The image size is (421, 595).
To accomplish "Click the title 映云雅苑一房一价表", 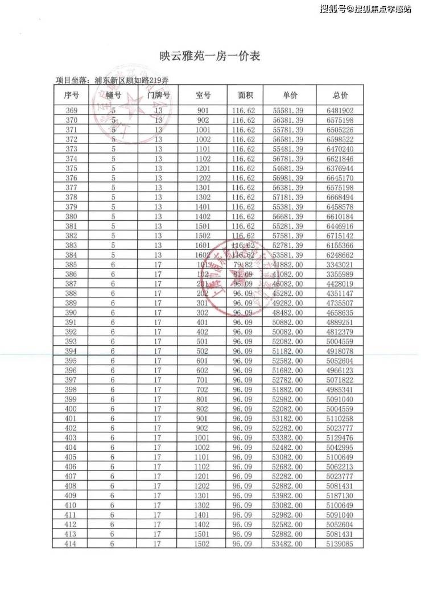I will click(x=210, y=56).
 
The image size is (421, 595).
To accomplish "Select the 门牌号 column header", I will click(x=159, y=95).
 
